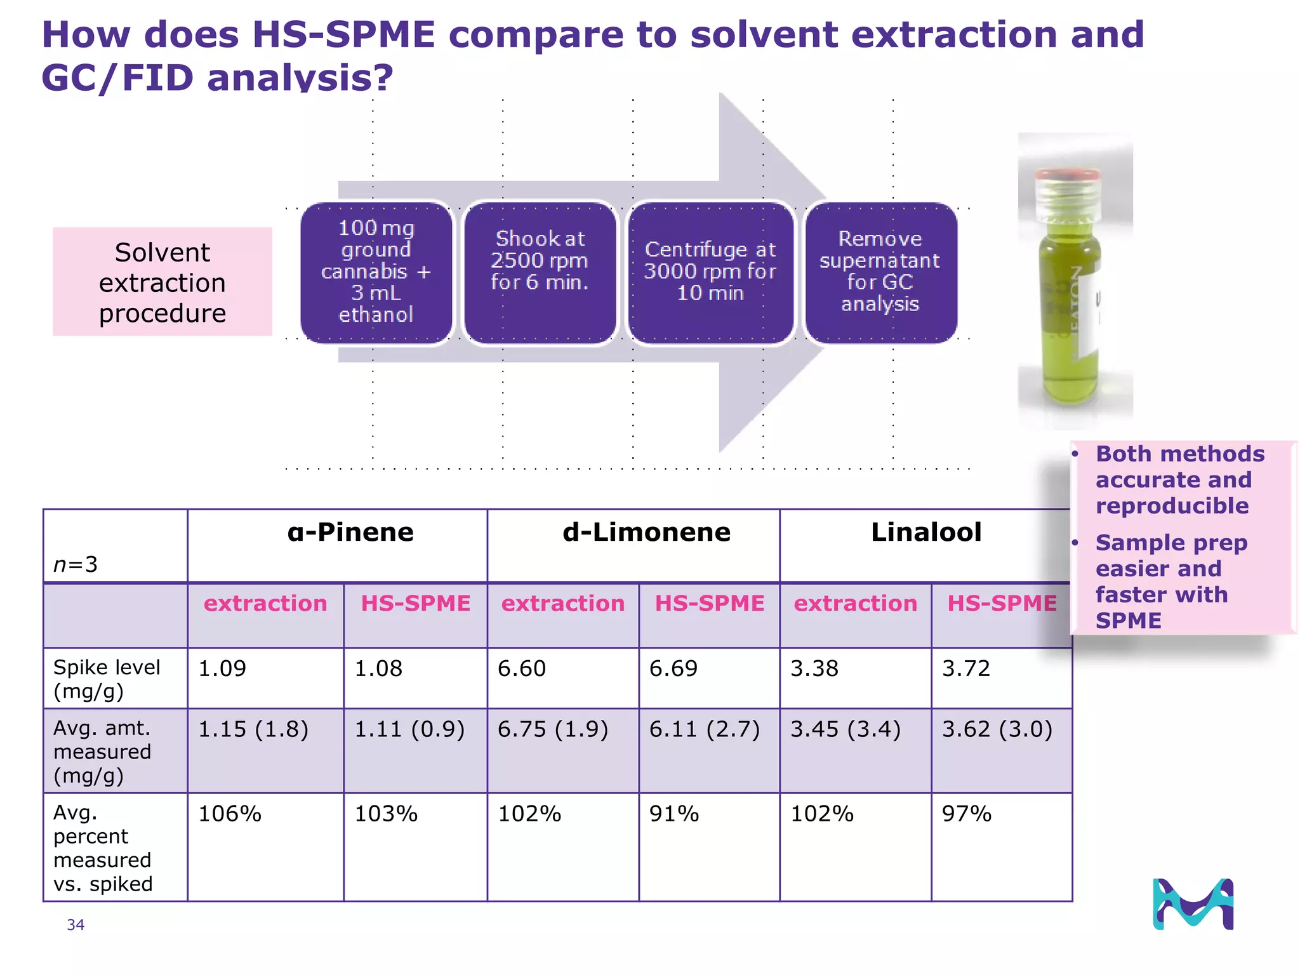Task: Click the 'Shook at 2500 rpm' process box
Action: [540, 273]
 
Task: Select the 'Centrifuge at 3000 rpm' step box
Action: [710, 273]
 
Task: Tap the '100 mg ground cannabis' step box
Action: [376, 273]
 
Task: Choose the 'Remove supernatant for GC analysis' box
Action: [880, 273]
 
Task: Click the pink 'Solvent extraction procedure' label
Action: [162, 282]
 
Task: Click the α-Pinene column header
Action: [350, 533]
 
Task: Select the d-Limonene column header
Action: [646, 533]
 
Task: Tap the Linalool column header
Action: [925, 533]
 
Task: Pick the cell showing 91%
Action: [674, 814]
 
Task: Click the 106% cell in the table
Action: [230, 814]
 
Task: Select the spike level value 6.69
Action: [673, 668]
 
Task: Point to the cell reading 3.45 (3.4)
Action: [845, 729]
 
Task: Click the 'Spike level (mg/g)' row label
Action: [107, 679]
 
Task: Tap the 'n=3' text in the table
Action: [76, 564]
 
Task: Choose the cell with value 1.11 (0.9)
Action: [409, 729]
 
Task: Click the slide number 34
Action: [76, 925]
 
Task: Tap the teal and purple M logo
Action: [1193, 904]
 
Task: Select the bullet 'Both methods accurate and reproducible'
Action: [1179, 480]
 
